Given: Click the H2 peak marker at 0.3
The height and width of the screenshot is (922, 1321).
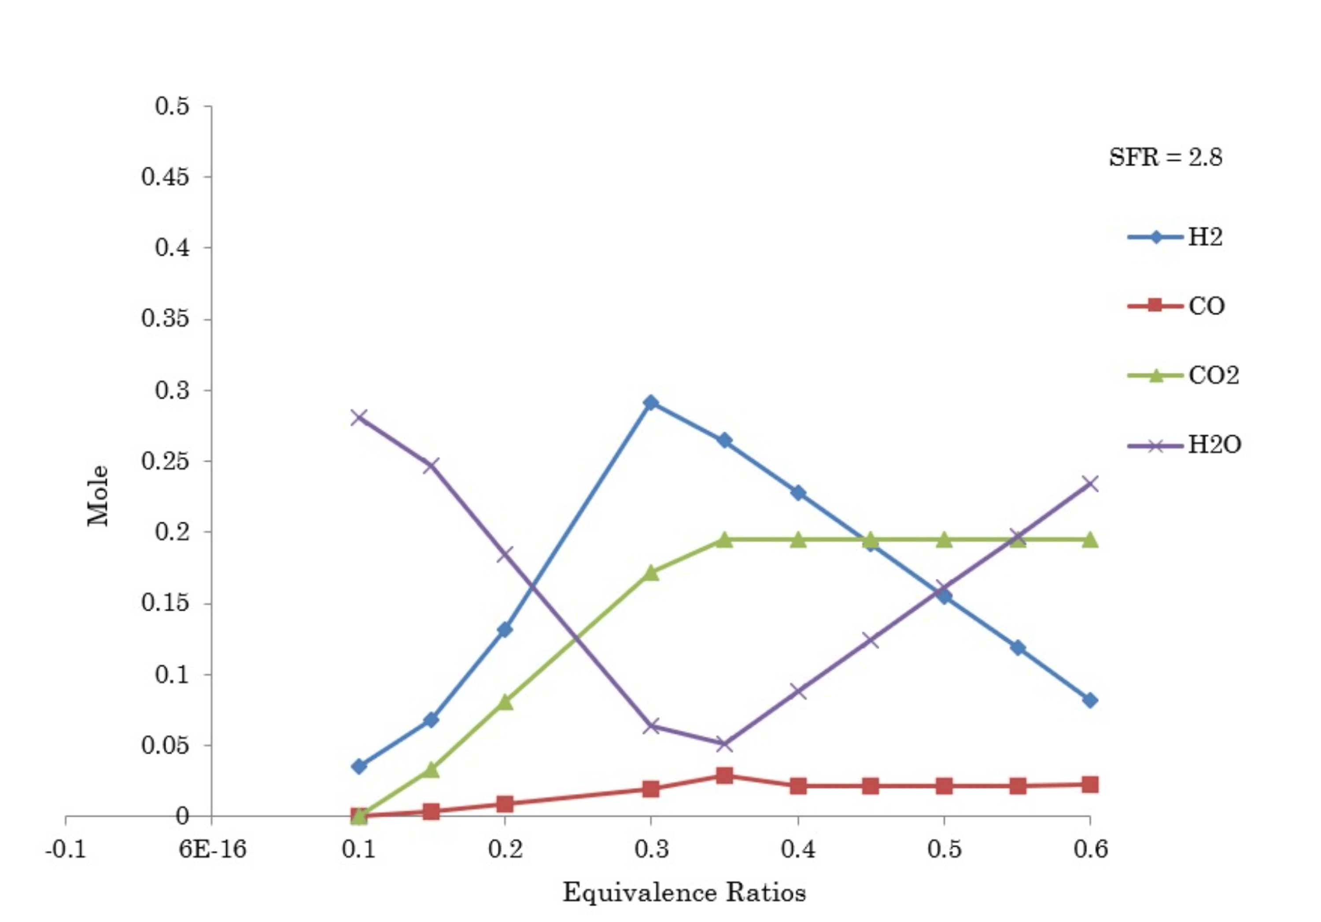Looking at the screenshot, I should (x=651, y=402).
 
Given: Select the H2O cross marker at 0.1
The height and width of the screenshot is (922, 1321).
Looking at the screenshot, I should (x=358, y=417).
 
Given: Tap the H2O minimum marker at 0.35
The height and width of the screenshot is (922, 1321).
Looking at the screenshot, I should (x=724, y=744).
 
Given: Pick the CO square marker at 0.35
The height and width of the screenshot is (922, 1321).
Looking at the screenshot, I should (x=724, y=775).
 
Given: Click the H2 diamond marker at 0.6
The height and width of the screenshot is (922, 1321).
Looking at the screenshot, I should (x=1090, y=700).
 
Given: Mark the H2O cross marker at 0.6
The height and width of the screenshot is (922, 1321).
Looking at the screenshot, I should (x=1090, y=484).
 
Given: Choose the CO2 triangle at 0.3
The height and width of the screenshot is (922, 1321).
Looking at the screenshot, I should (x=651, y=573).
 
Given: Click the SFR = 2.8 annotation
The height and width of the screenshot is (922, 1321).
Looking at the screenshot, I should (x=1165, y=157).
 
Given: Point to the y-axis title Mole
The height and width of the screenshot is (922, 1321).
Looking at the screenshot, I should (x=98, y=496).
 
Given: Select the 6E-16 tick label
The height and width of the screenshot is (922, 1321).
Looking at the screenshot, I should (x=212, y=849).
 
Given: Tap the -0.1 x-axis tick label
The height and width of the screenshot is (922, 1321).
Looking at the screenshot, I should (x=66, y=849).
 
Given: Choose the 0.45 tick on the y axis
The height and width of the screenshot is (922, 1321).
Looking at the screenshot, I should (x=165, y=177).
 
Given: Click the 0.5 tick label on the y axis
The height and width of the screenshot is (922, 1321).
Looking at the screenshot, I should (x=172, y=107).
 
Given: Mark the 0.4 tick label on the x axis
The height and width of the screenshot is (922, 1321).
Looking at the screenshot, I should (x=797, y=849).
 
